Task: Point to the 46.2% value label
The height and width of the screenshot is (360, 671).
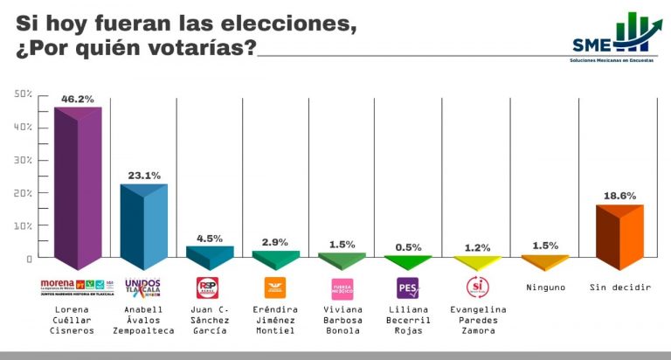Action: tap(77, 99)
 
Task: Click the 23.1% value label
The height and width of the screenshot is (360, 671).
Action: tap(143, 176)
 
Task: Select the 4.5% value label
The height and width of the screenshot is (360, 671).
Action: tap(210, 238)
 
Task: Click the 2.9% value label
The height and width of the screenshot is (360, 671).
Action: tap(275, 242)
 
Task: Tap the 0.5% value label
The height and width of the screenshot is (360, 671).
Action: tap(407, 248)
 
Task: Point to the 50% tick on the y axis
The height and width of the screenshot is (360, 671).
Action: tap(24, 94)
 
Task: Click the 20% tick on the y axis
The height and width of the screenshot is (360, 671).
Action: tap(24, 193)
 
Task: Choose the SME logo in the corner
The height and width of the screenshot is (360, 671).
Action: tap(612, 37)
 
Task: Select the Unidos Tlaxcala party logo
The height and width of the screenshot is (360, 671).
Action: tap(143, 287)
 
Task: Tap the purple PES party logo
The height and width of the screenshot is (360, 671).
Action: tap(407, 287)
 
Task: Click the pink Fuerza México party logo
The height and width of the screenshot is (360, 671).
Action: tap(342, 287)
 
